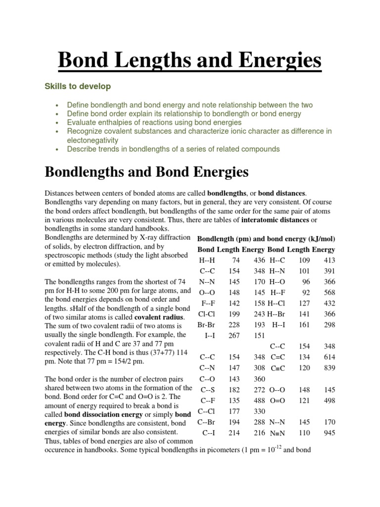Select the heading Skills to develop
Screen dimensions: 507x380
pos(78,87)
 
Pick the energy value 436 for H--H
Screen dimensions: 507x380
pos(259,260)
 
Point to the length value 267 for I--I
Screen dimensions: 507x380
pos(234,336)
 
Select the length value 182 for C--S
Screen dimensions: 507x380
pos(234,390)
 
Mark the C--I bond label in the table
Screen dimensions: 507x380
pos(208,433)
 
